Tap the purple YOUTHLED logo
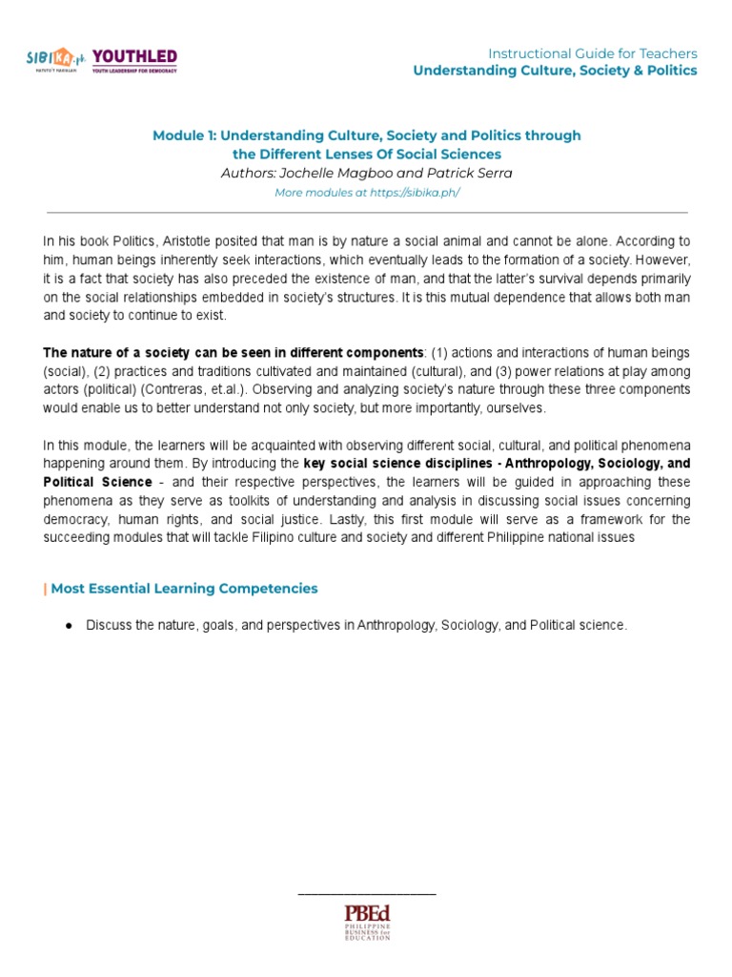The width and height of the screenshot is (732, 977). (134, 60)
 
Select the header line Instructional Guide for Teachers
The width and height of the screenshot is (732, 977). (592, 53)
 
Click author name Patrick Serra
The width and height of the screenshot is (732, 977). (472, 173)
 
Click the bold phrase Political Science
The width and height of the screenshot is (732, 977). (97, 482)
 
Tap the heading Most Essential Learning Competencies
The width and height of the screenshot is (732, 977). (184, 589)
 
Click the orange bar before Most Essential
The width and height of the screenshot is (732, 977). (45, 589)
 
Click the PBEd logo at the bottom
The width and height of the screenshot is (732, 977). (367, 920)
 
